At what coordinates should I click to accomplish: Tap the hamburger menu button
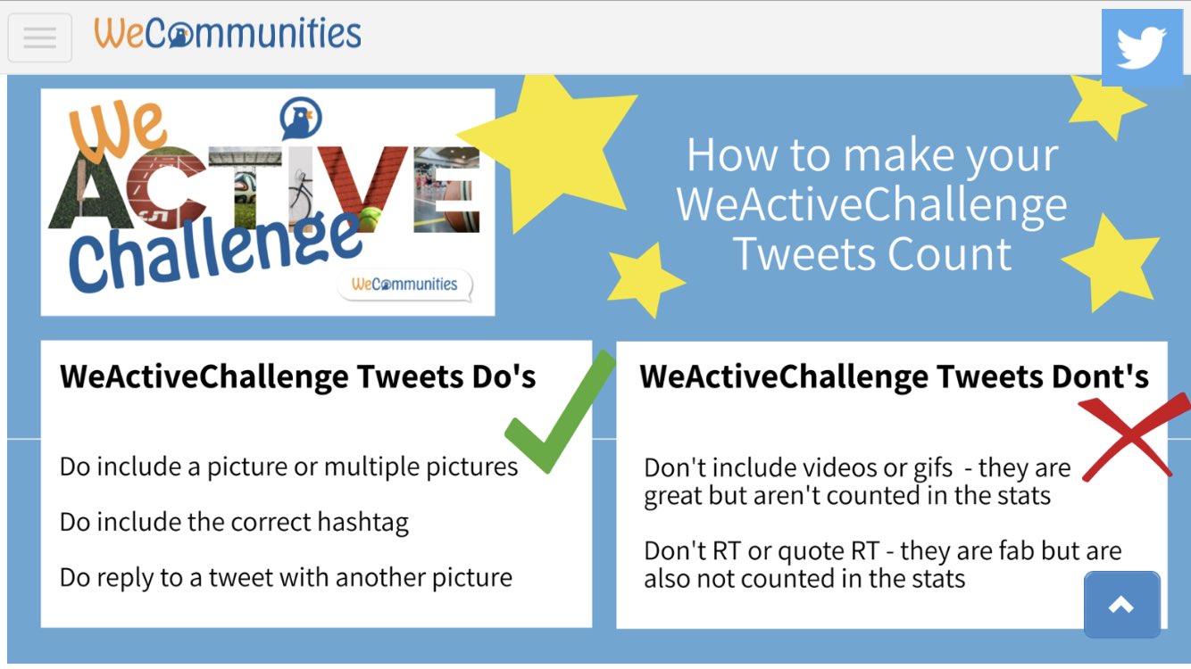pyautogui.click(x=40, y=37)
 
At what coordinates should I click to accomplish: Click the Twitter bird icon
pyautogui.click(x=1141, y=48)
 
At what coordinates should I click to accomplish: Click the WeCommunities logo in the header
pyautogui.click(x=228, y=34)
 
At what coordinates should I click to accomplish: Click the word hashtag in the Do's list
pyautogui.click(x=362, y=522)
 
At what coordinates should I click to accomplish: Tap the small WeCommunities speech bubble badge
pyautogui.click(x=405, y=285)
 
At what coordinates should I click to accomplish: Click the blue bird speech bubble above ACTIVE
pyautogui.click(x=300, y=119)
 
